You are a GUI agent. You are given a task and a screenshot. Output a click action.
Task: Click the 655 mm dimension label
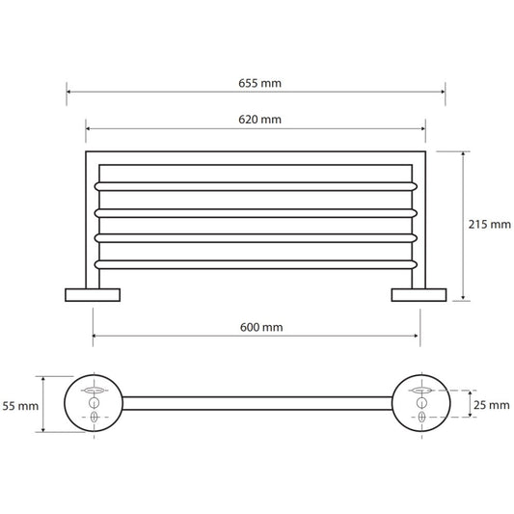(x=259, y=83)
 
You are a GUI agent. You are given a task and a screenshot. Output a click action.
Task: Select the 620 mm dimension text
(x=259, y=120)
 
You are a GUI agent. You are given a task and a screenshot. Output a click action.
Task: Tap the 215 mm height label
(x=490, y=225)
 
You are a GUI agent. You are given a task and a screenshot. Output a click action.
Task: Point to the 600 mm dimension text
(x=261, y=327)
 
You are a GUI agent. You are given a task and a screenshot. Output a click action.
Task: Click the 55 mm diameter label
(x=20, y=406)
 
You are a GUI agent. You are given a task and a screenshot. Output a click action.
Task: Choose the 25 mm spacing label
(x=492, y=405)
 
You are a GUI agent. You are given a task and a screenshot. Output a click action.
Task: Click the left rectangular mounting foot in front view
(x=93, y=295)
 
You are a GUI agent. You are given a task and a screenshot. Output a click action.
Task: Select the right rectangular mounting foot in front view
(x=419, y=295)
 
